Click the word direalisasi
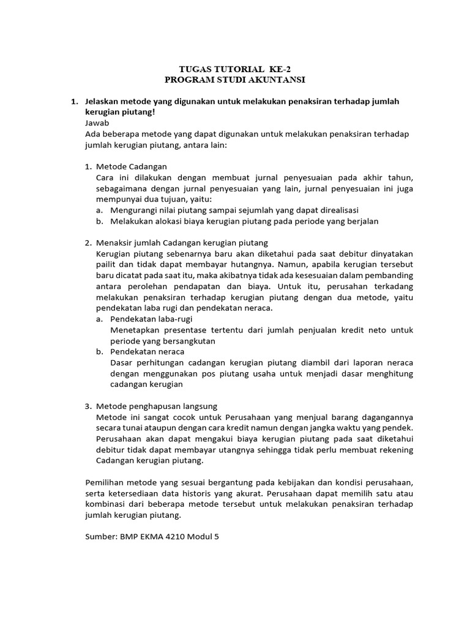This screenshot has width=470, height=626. coord(337,210)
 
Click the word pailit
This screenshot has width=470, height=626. coord(107,265)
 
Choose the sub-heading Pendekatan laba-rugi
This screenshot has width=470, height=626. coord(151,319)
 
